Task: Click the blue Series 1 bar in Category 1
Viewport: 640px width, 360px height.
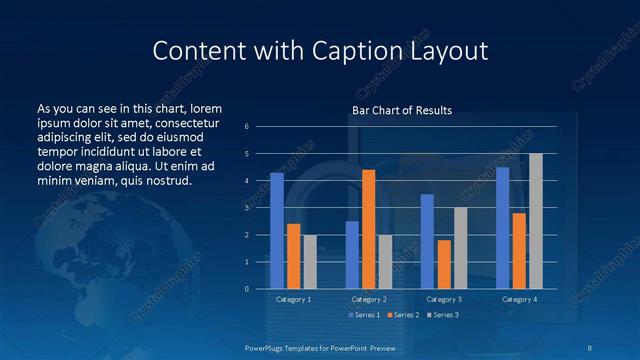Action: [x=276, y=231]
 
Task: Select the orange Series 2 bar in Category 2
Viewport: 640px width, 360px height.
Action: [x=368, y=229]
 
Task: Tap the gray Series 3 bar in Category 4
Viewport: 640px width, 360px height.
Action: [x=535, y=221]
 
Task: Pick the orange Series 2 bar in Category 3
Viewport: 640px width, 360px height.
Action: [x=443, y=264]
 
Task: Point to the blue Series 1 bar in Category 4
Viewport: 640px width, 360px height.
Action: [x=502, y=228]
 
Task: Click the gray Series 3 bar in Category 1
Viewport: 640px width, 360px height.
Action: [x=310, y=262]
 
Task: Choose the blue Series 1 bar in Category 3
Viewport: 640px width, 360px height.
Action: [x=427, y=241]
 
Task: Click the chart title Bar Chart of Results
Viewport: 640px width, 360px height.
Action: [x=402, y=110]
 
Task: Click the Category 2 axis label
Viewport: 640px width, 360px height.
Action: [x=368, y=299]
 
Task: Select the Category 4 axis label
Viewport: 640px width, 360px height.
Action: [x=518, y=299]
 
